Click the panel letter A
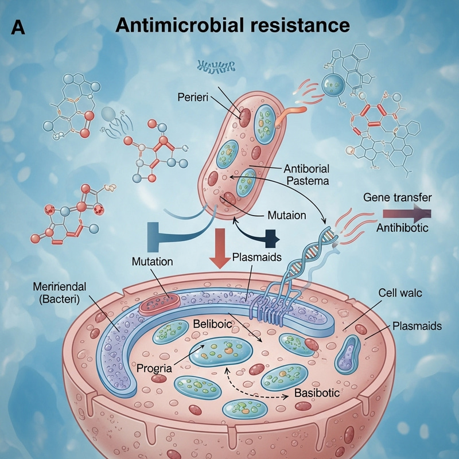point(18,27)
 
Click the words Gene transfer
point(398,197)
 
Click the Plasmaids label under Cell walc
point(417,326)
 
